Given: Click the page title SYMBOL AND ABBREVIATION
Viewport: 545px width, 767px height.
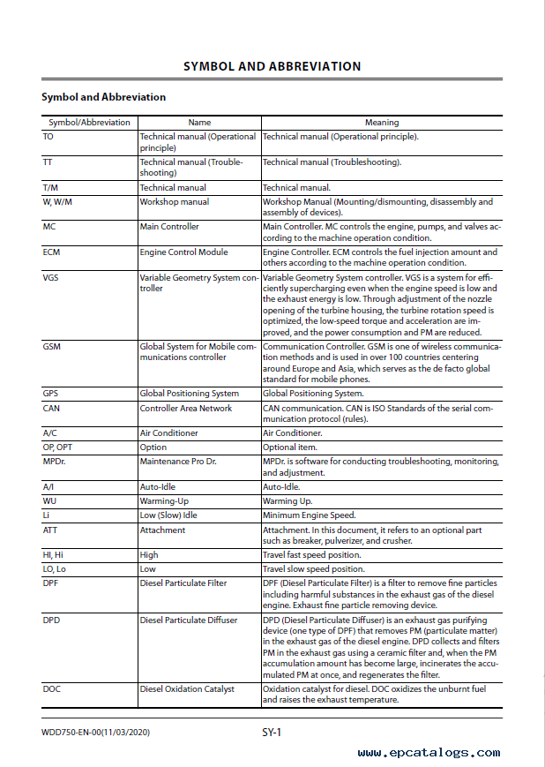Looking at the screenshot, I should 272,66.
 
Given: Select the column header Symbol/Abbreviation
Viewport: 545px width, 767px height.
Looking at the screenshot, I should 89,123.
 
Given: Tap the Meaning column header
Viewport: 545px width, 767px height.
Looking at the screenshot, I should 382,123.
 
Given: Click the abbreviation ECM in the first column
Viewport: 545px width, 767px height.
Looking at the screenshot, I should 51,252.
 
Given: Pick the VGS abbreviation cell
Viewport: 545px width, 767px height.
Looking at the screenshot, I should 50,278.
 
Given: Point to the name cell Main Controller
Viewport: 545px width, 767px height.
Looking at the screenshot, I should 169,227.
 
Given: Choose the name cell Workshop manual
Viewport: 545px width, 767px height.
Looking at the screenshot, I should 174,202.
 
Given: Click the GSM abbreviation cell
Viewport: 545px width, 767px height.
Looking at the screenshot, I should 51,347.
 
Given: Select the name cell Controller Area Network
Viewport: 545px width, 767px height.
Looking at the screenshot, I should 185,409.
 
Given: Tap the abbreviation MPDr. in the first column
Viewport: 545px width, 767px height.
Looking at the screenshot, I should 55,462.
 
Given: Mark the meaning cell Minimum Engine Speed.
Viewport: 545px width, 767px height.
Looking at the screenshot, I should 309,515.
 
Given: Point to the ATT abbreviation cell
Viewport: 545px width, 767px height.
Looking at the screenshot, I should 50,530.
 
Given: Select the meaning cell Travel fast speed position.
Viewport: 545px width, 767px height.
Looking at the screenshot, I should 311,555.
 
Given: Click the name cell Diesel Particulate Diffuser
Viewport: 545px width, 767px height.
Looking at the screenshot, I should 188,620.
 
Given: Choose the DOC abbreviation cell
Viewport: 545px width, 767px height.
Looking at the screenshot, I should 51,689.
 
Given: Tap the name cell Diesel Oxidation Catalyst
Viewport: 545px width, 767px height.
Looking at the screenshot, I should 187,689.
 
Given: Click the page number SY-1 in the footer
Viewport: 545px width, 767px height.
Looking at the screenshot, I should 271,732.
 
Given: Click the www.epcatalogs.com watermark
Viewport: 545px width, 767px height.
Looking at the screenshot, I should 429,753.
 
